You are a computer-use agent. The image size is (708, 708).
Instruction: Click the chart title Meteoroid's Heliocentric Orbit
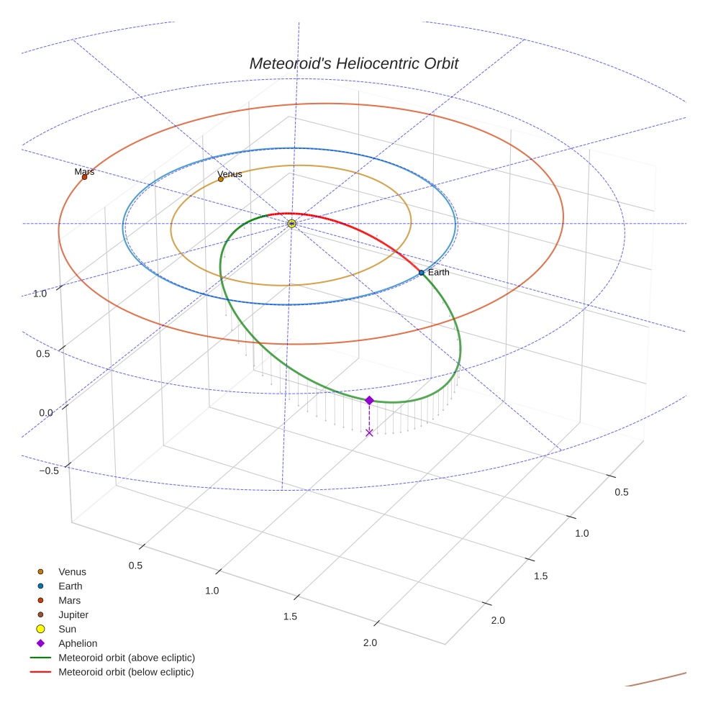tap(353, 63)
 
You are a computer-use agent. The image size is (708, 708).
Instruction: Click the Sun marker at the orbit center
tap(291, 224)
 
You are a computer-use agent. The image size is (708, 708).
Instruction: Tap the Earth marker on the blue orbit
tap(421, 273)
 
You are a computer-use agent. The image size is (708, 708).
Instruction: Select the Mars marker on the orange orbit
tap(84, 177)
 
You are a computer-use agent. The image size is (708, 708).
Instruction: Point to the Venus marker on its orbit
tap(220, 179)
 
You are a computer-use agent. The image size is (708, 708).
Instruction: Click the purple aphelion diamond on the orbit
tap(369, 400)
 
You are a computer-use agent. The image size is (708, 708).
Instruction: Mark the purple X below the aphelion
tap(369, 432)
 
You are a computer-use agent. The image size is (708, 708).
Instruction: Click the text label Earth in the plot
tap(438, 273)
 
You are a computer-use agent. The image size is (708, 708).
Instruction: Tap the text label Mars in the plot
tap(84, 171)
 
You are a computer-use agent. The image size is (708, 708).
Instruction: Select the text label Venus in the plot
tap(230, 173)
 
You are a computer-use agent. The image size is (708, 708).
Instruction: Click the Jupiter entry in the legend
tap(73, 614)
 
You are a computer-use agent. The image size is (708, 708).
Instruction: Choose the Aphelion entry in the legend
tap(78, 643)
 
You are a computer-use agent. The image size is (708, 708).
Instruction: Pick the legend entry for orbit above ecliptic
tap(127, 658)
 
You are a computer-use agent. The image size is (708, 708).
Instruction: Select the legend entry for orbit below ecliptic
tap(126, 672)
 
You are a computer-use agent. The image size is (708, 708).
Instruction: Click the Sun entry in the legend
tap(67, 629)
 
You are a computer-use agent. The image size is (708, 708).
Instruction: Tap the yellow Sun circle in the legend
tap(41, 629)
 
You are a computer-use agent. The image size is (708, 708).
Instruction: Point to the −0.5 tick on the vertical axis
tap(49, 471)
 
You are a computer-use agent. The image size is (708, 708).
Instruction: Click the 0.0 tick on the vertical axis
tap(45, 412)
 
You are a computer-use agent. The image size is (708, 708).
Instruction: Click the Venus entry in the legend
tap(72, 572)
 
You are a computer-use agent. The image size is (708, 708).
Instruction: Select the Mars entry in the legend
tap(70, 600)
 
